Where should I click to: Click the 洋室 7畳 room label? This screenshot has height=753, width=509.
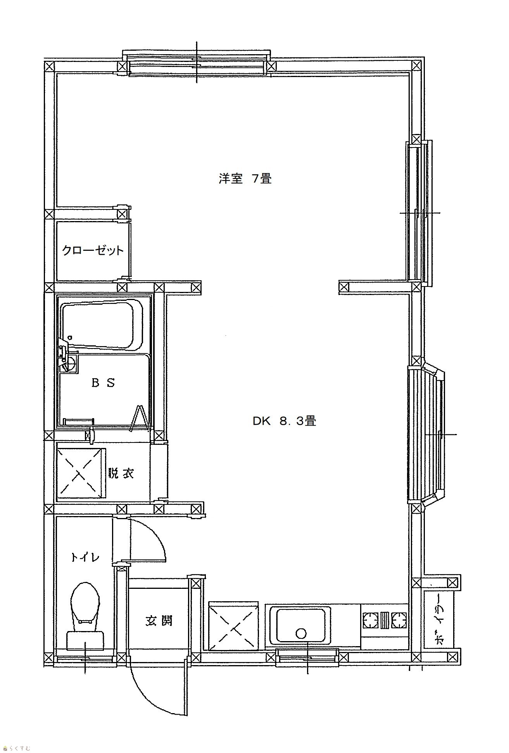(x=245, y=179)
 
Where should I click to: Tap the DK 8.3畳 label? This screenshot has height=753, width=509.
(x=284, y=421)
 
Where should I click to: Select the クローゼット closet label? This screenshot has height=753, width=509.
(x=93, y=250)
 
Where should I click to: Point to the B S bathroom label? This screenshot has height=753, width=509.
(x=103, y=383)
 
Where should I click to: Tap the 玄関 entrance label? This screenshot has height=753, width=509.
(x=159, y=621)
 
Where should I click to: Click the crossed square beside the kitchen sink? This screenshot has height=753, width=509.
(x=233, y=625)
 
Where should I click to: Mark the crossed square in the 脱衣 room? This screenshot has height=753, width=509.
(x=81, y=473)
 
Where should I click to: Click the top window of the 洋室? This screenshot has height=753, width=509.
(x=197, y=63)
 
